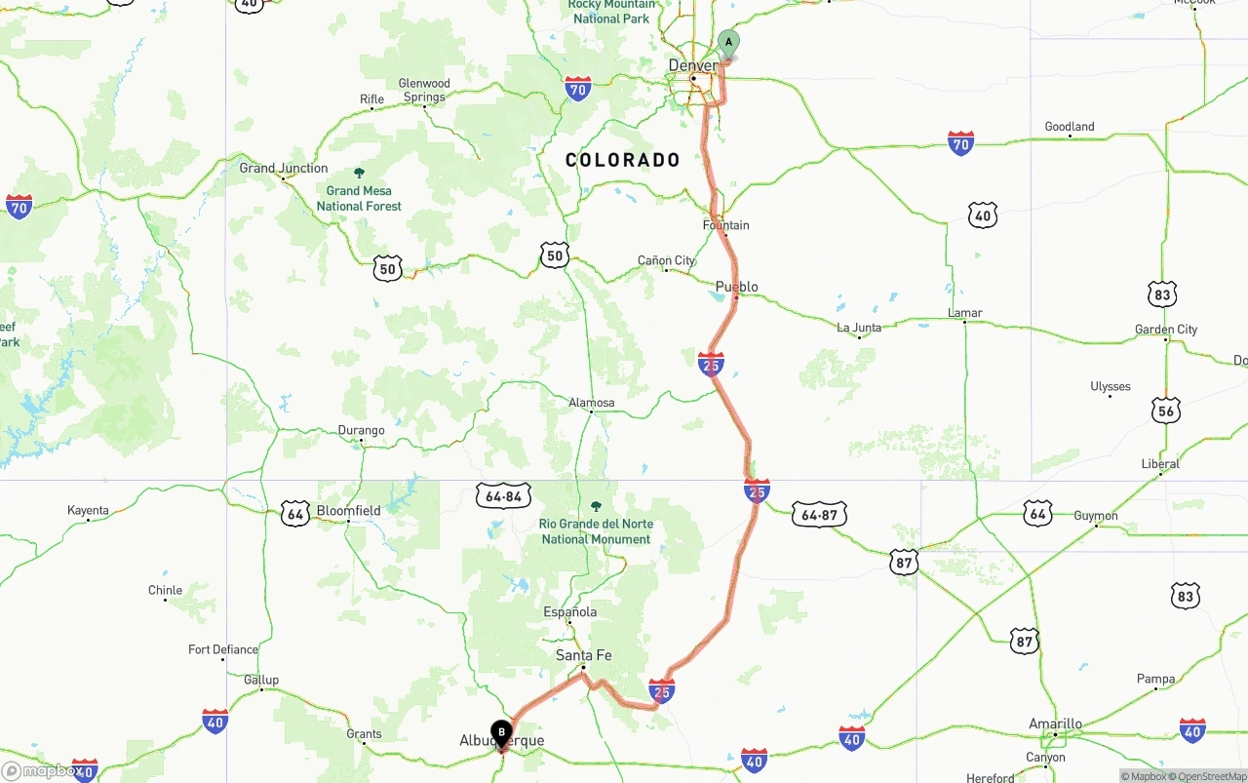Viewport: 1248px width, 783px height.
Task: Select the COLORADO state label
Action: click(623, 161)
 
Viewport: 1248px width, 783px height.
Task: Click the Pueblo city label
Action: click(737, 287)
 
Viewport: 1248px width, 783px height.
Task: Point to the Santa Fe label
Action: click(583, 655)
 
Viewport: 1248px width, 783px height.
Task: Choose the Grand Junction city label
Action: click(284, 168)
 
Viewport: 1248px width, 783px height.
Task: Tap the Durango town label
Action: click(361, 430)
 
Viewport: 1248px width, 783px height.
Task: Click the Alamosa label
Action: click(592, 403)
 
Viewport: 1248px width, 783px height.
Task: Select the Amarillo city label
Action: click(1055, 724)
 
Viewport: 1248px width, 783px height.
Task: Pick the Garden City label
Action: click(1166, 330)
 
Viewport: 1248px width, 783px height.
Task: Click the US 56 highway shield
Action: click(1166, 411)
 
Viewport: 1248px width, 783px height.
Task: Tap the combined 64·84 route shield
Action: click(503, 496)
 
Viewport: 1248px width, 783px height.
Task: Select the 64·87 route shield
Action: click(819, 515)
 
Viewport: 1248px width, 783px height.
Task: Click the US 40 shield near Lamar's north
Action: click(983, 215)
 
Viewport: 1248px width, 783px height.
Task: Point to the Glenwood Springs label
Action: click(424, 91)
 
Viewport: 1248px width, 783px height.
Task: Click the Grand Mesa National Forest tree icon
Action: click(359, 174)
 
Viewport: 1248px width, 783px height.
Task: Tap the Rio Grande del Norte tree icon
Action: click(597, 507)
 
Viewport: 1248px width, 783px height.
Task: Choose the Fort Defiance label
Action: click(223, 649)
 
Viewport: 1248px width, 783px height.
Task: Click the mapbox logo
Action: click(41, 771)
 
